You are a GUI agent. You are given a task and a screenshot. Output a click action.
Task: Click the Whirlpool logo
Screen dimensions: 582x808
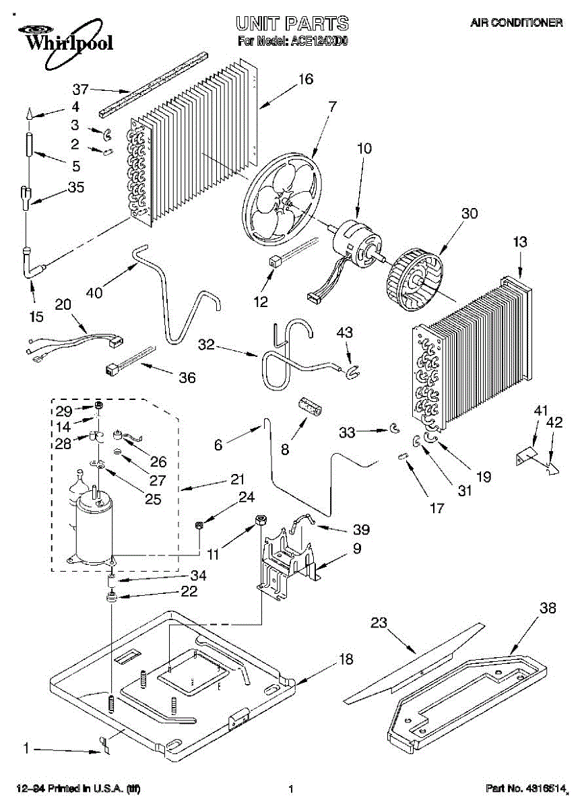click(x=67, y=43)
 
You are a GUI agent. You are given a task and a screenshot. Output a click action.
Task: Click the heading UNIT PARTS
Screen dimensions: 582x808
click(x=292, y=24)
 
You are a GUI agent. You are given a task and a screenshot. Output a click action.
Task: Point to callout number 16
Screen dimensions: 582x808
click(x=306, y=79)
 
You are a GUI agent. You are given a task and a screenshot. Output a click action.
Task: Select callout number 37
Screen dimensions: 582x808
click(x=80, y=89)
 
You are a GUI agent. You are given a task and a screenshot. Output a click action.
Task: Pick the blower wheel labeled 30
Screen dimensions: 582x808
click(x=415, y=281)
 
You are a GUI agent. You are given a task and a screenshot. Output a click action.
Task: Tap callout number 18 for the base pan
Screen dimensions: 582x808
click(x=346, y=659)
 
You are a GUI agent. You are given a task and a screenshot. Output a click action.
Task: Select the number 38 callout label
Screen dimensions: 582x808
click(x=548, y=608)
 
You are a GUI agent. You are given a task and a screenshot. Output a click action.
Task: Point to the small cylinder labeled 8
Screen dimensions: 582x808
click(x=311, y=409)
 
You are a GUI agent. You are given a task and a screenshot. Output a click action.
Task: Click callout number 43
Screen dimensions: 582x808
click(x=345, y=332)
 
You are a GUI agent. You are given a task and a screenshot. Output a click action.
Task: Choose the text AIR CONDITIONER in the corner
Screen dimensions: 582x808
click(x=517, y=23)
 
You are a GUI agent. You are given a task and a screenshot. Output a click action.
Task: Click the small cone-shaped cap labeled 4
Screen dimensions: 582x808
click(x=30, y=115)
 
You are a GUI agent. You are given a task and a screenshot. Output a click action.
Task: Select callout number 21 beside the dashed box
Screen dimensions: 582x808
click(x=237, y=479)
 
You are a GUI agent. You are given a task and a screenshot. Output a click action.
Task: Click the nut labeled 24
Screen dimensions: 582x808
click(x=199, y=526)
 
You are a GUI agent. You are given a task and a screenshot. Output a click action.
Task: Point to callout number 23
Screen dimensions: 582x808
click(x=379, y=622)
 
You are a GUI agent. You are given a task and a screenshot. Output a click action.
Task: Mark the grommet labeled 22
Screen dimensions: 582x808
click(x=112, y=597)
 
